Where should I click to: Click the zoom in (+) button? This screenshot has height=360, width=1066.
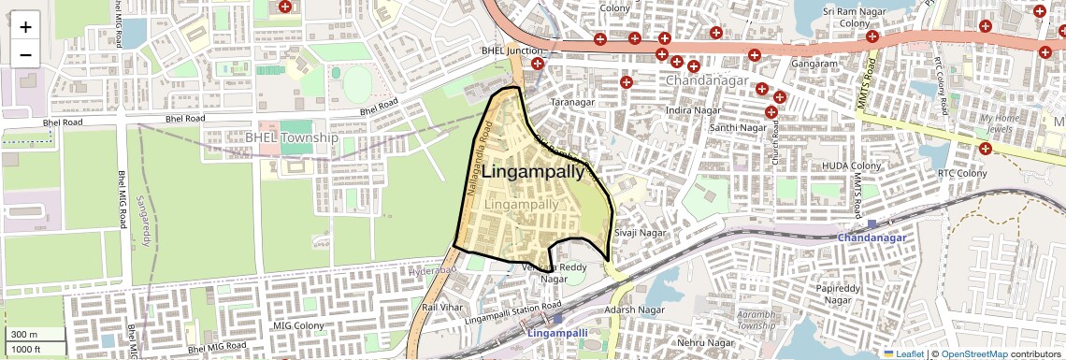pyautogui.click(x=25, y=26)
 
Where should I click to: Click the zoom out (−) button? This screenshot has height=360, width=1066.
pyautogui.click(x=25, y=54)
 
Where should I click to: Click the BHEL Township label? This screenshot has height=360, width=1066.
pyautogui.click(x=291, y=137)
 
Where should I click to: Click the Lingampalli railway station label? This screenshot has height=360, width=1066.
pyautogui.click(x=557, y=333)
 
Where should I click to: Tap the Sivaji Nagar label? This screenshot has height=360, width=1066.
pyautogui.click(x=640, y=232)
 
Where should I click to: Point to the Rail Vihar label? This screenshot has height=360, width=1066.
pyautogui.click(x=442, y=307)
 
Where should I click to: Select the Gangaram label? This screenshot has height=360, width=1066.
pyautogui.click(x=814, y=64)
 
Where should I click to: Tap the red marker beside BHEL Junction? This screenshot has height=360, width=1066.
pyautogui.click(x=537, y=65)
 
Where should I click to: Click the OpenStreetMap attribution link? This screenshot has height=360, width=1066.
pyautogui.click(x=974, y=353)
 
